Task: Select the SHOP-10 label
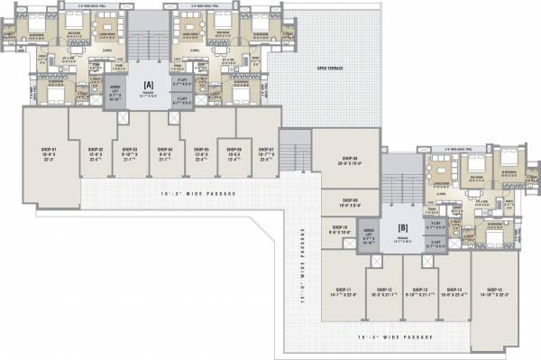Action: (x=339, y=227)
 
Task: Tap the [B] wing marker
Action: (x=403, y=226)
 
